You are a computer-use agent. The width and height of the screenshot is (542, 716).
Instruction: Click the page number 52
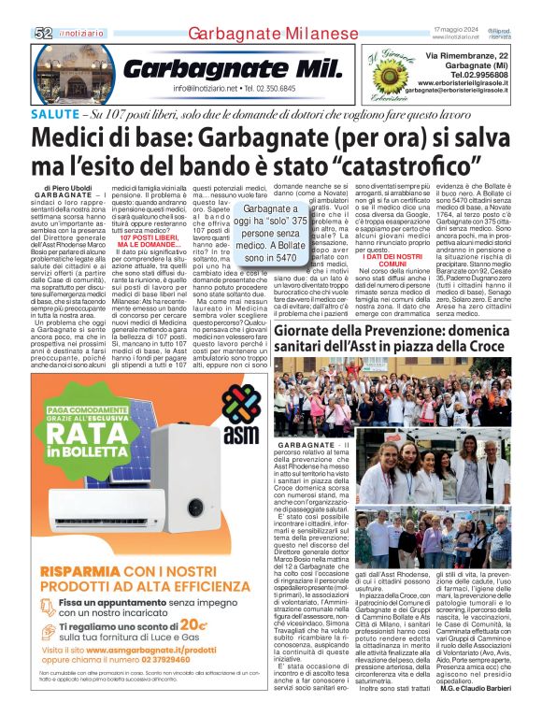pos(42,33)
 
